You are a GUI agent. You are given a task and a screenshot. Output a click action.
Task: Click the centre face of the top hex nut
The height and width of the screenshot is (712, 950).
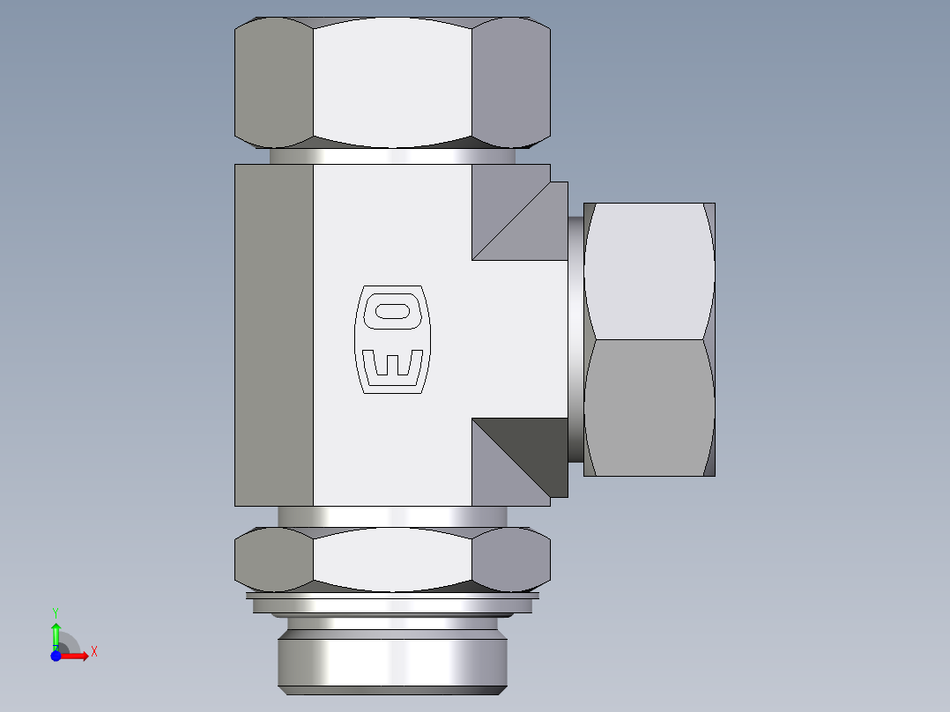392,84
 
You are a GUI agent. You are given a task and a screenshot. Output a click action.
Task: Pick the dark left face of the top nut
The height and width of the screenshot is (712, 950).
274,84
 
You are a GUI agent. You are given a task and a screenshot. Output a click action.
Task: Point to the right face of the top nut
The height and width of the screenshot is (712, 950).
511,84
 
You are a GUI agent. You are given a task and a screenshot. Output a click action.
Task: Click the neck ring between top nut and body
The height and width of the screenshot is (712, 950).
392,156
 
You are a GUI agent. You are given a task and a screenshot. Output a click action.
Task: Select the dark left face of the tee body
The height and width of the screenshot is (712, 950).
274,335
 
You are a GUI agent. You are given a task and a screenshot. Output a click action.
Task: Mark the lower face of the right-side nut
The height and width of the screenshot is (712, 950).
649,407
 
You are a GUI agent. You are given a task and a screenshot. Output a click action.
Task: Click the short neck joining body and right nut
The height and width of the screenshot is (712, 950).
575,339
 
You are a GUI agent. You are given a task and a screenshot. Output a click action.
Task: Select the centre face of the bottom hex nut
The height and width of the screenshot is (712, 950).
392,559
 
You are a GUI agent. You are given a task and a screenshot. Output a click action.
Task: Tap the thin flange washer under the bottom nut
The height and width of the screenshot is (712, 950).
392,604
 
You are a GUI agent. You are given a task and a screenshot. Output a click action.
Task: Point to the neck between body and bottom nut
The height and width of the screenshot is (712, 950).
392,516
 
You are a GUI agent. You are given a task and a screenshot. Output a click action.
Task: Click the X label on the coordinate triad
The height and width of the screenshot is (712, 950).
93,652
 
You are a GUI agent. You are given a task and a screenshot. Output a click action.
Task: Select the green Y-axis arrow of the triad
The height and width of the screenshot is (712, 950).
56,632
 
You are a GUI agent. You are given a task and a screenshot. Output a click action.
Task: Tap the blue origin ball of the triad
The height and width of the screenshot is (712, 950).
56,655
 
